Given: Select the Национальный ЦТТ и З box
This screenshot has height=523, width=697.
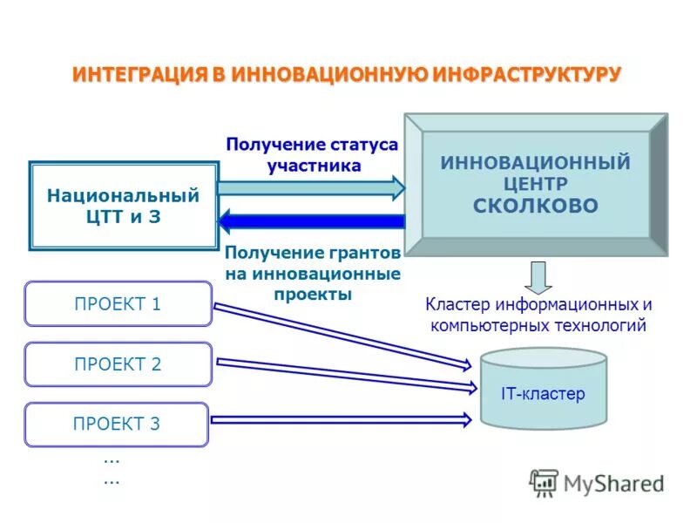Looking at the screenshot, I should (x=123, y=206).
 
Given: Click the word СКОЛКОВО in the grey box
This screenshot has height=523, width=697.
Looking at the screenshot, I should (x=535, y=206).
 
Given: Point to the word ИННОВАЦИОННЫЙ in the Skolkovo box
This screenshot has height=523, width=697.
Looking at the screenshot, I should (x=535, y=162).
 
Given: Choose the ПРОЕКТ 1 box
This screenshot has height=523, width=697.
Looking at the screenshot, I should (x=118, y=304).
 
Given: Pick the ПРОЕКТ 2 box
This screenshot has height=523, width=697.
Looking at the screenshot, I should (x=118, y=364).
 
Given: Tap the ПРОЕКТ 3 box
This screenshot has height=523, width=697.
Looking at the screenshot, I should (x=117, y=425).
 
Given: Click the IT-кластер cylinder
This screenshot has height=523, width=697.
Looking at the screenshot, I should (x=543, y=390).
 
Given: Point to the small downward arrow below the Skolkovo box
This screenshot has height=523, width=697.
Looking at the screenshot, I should (x=538, y=276).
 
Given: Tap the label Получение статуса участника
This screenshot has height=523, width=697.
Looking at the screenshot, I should (x=311, y=154).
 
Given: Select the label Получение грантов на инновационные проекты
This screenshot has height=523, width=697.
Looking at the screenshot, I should (x=312, y=273).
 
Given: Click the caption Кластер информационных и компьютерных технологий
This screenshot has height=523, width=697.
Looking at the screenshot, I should (x=538, y=316).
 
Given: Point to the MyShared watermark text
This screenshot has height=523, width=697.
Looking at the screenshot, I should (x=614, y=482).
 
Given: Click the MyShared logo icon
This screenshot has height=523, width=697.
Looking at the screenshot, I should (x=544, y=483).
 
